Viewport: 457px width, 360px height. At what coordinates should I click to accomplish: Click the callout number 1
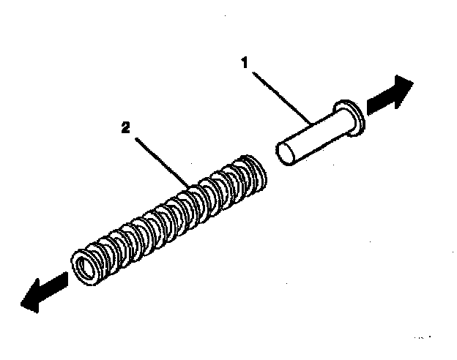click(x=247, y=63)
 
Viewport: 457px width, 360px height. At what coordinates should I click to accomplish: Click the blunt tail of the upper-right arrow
click(x=370, y=107)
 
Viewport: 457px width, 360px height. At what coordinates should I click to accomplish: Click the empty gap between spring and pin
click(x=271, y=164)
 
